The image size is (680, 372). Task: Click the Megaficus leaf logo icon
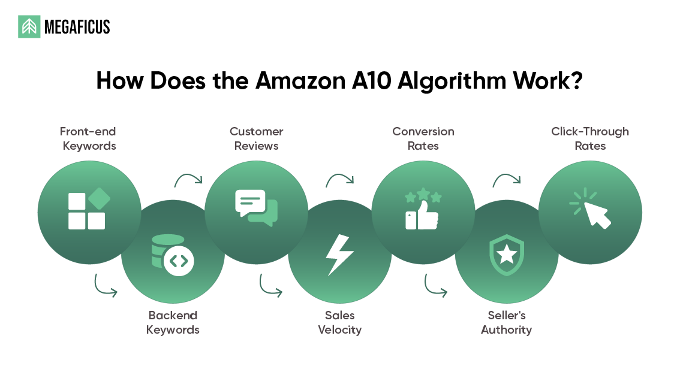[29, 27]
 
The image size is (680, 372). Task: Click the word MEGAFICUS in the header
[77, 27]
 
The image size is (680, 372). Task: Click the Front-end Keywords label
[89, 138]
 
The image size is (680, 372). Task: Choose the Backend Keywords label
[173, 322]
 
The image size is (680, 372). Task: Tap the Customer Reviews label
[256, 138]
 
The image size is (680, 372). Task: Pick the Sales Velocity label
[340, 322]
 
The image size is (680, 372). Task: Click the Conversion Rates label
[423, 138]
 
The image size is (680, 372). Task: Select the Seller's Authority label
[507, 322]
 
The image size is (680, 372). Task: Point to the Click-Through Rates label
[590, 138]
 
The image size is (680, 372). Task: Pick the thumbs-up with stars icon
[423, 210]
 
